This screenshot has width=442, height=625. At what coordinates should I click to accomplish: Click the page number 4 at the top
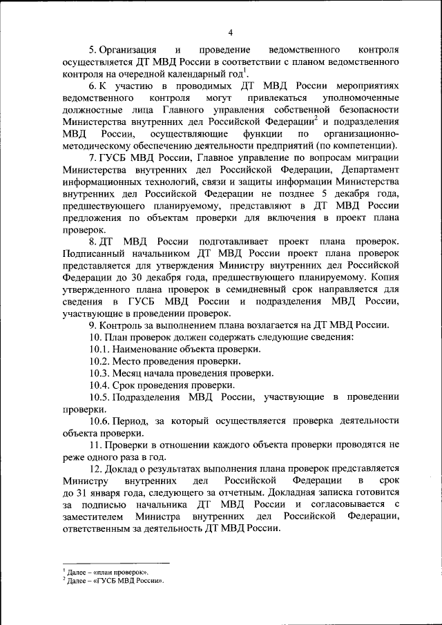[231, 32]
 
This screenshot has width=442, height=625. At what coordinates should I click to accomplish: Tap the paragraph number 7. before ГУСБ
[93, 157]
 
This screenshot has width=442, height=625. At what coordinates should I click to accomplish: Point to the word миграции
[379, 157]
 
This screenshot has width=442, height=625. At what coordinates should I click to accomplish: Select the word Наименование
[147, 349]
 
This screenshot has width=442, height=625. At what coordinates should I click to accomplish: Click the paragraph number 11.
[95, 444]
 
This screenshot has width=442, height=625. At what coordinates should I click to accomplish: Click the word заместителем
[93, 516]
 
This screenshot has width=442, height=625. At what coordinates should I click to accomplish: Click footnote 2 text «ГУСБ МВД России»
[127, 581]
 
